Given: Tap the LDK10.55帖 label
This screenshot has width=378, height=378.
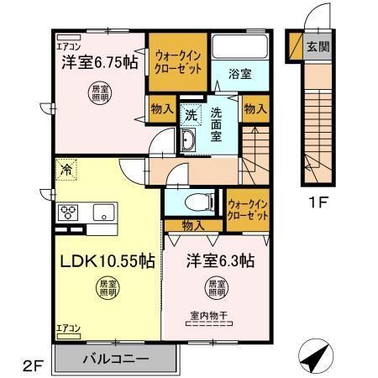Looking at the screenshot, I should pyautogui.click(x=106, y=260).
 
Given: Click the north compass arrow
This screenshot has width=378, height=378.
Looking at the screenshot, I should pyautogui.click(x=313, y=359).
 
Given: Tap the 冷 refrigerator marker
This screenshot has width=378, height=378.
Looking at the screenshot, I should pyautogui.click(x=66, y=169).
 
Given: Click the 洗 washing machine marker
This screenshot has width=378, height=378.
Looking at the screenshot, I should pyautogui.click(x=192, y=116).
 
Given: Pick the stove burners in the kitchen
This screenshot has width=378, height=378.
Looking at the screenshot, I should pyautogui.click(x=68, y=211).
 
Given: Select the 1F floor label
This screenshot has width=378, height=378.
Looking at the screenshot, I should pyautogui.click(x=314, y=202).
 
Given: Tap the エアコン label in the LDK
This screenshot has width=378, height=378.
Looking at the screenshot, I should pyautogui.click(x=69, y=327).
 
